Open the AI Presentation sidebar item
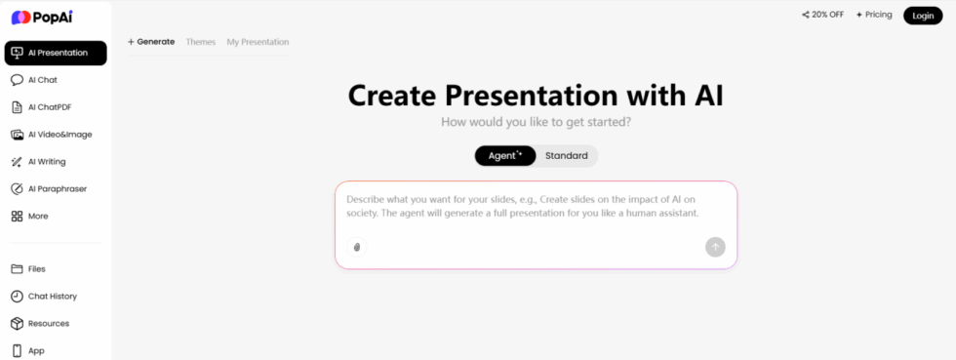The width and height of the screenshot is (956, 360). click(x=56, y=53)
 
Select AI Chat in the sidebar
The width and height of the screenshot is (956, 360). click(x=42, y=80)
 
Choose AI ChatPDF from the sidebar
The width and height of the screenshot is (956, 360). click(x=49, y=107)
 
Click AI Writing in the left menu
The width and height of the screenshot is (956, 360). click(x=47, y=162)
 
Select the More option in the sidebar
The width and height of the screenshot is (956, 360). click(x=37, y=216)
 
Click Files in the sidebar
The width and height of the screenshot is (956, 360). click(x=36, y=268)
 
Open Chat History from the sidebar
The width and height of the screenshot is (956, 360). click(x=52, y=296)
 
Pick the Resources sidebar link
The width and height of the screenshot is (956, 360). click(x=48, y=323)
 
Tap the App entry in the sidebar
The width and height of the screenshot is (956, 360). click(x=35, y=350)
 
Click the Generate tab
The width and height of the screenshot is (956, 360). click(x=151, y=42)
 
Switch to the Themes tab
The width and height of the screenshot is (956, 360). click(x=201, y=42)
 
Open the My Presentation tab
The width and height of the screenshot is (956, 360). click(x=258, y=42)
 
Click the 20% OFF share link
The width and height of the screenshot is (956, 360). click(x=822, y=15)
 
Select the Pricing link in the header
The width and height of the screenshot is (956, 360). click(x=873, y=15)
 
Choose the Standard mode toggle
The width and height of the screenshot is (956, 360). click(x=566, y=156)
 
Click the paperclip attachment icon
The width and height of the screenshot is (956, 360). click(x=357, y=247)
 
